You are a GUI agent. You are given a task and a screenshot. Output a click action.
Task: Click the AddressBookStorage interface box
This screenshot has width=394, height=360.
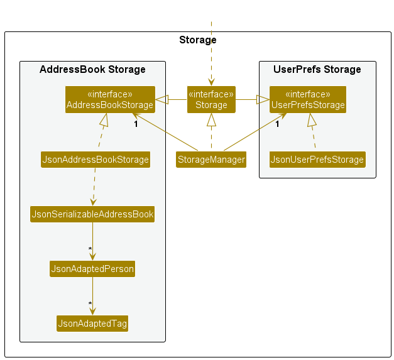click(110, 99)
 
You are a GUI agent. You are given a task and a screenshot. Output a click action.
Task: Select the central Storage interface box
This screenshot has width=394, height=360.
click(211, 99)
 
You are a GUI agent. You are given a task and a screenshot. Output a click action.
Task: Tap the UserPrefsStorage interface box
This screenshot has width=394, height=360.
click(307, 99)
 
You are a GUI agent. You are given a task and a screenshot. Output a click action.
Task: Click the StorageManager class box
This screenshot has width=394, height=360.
click(211, 160)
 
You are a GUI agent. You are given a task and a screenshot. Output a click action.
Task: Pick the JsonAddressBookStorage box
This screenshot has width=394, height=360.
click(96, 160)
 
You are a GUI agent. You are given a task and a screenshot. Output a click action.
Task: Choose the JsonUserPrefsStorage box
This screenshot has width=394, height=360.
click(317, 160)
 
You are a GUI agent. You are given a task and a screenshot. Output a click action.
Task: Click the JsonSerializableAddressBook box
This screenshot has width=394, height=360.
click(92, 214)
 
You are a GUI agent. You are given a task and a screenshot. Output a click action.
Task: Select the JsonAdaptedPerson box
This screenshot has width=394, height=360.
click(92, 269)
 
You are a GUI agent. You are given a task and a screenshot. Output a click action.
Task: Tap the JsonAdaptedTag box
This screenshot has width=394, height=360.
click(92, 324)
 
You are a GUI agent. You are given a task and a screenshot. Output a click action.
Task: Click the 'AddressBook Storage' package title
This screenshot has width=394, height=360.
click(92, 69)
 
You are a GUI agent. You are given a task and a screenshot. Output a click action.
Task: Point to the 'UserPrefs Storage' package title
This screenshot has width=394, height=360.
click(317, 69)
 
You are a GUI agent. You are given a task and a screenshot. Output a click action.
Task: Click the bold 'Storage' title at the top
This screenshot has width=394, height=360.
click(197, 40)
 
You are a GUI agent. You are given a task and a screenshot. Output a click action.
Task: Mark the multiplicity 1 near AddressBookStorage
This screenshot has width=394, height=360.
click(136, 124)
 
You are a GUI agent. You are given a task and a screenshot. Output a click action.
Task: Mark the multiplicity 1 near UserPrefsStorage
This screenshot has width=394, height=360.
click(277, 124)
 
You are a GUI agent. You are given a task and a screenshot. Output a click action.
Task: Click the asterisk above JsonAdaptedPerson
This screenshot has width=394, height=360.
click(90, 249)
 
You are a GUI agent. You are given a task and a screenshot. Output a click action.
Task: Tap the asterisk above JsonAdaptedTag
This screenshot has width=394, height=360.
click(90, 304)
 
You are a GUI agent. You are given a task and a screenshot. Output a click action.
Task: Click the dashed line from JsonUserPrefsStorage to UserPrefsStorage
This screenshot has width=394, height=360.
click(313, 135)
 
